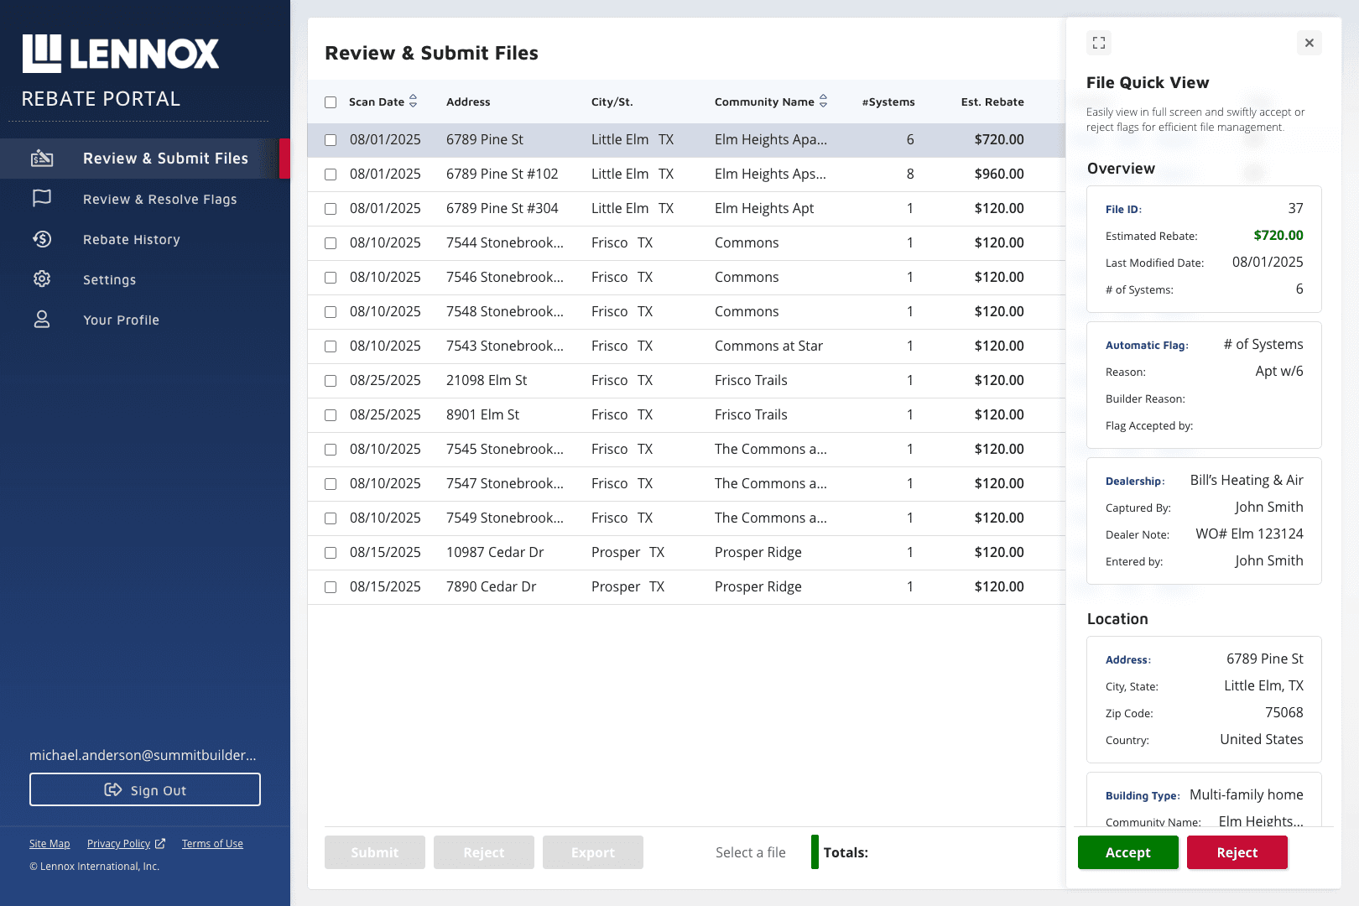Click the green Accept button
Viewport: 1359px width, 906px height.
point(1127,852)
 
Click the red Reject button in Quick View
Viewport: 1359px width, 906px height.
point(1237,852)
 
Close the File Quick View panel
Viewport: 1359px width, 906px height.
point(1310,43)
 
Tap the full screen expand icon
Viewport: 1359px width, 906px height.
point(1099,43)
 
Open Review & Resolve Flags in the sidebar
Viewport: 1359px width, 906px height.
point(159,199)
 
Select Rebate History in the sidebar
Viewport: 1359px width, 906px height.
point(132,239)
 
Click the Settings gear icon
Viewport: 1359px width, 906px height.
point(42,279)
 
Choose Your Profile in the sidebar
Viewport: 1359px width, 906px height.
point(121,320)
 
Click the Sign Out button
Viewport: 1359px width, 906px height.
point(145,789)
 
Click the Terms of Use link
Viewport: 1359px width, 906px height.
point(212,843)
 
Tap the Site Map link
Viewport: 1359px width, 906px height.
point(49,843)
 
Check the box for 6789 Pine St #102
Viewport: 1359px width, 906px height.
point(331,174)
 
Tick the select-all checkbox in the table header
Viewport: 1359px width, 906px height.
point(331,102)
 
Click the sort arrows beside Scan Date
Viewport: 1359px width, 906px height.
point(414,101)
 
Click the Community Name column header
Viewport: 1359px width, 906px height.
point(764,102)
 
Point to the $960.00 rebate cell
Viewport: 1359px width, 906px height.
point(999,174)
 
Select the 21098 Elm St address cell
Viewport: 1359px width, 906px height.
point(487,381)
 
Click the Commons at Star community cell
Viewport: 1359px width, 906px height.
point(768,346)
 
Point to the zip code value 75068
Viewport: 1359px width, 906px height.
point(1283,712)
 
